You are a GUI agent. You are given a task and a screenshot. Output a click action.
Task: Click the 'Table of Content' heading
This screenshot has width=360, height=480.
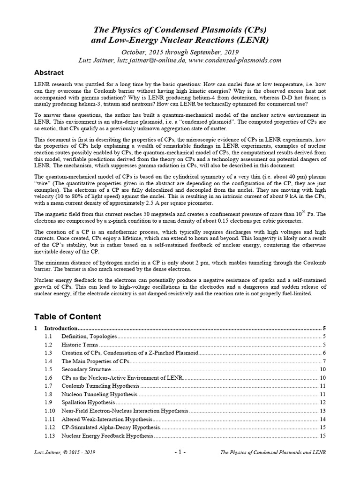tap(67, 317)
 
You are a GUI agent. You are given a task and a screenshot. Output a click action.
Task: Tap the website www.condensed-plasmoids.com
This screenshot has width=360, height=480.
tap(236, 60)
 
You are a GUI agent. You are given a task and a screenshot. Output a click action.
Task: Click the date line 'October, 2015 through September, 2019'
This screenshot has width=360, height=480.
tap(180, 52)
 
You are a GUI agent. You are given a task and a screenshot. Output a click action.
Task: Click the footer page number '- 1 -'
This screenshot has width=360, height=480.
tap(180, 452)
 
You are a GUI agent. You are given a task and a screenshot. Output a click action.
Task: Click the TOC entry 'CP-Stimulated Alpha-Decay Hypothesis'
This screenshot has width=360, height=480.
tap(111, 427)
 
